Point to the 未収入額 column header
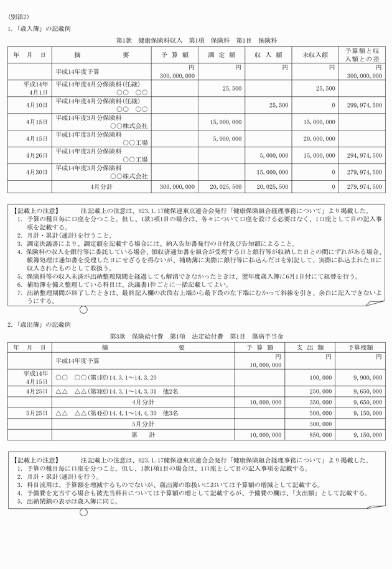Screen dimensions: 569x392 [x=315, y=55]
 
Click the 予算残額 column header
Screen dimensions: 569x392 [x=360, y=348]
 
